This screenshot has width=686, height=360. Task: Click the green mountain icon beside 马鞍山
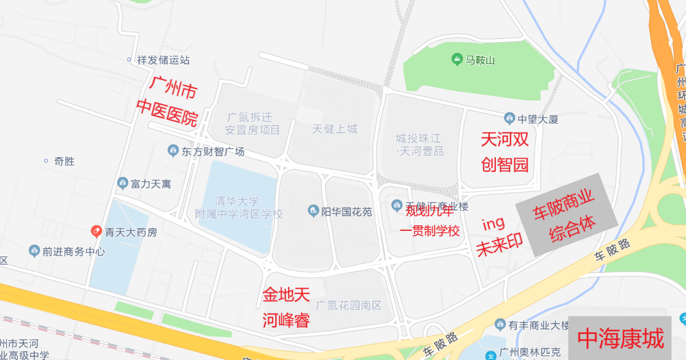pos(457,60)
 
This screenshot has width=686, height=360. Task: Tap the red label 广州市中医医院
pos(168,102)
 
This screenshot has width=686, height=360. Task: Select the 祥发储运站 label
pos(163,60)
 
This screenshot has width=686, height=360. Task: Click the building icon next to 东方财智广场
pos(173,151)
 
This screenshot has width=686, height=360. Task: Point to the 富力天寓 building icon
pos(123,183)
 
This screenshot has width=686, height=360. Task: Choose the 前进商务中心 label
pos(73,252)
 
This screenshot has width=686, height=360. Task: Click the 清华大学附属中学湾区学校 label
pos(239,208)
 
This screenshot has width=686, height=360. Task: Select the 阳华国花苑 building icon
pos(313,211)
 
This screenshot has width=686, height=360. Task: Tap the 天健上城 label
pos(335,129)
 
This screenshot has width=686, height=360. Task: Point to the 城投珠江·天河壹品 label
pos(420,145)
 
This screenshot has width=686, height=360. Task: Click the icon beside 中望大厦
pos(509,119)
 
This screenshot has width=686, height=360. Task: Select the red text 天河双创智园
pos(504,152)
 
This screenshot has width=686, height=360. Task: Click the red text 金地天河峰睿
pos(286,307)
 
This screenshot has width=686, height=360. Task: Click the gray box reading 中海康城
pos(620,338)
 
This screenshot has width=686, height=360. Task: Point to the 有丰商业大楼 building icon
pos(500,325)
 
